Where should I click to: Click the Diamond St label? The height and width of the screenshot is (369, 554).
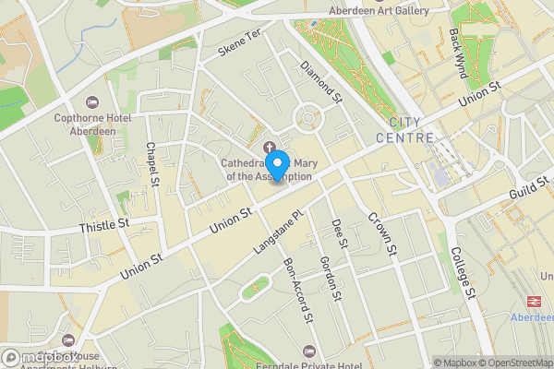click(x=321, y=81)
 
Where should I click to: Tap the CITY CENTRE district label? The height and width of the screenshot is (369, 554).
click(x=405, y=130)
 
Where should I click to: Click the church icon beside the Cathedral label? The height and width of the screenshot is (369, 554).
click(x=270, y=148)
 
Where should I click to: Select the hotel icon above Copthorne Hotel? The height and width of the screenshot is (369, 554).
click(x=91, y=101)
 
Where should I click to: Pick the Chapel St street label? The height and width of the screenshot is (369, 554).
click(x=152, y=162)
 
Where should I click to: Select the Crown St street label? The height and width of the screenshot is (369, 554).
click(x=381, y=235)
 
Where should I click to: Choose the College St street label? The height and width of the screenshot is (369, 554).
click(x=463, y=274)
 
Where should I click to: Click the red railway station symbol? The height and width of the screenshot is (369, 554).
click(x=533, y=300)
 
